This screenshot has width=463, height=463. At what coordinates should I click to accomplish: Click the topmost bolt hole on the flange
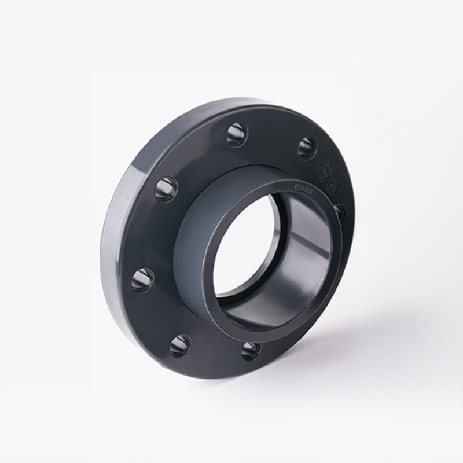(237, 134)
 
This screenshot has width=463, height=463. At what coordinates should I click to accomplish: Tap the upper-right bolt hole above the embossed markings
(307, 148)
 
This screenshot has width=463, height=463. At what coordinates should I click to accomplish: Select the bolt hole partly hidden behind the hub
(340, 212)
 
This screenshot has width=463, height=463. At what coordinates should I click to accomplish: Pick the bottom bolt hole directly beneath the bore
(250, 350)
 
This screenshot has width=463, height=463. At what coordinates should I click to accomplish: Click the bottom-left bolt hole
(180, 345)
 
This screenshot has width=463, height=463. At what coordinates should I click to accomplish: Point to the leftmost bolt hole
(142, 280)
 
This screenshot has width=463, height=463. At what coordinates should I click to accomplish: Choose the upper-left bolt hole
(166, 189)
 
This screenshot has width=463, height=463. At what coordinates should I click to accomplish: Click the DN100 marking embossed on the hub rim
(304, 187)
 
